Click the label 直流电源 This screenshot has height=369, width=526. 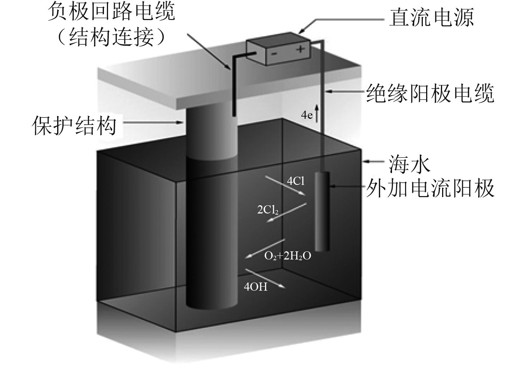[431, 17]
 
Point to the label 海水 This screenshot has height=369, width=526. [410, 163]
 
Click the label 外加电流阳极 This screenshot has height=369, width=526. [431, 188]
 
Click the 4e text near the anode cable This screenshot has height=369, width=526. [307, 115]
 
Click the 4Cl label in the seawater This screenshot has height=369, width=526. [296, 181]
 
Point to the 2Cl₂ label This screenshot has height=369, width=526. [268, 210]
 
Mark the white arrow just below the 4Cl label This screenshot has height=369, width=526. [285, 186]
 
